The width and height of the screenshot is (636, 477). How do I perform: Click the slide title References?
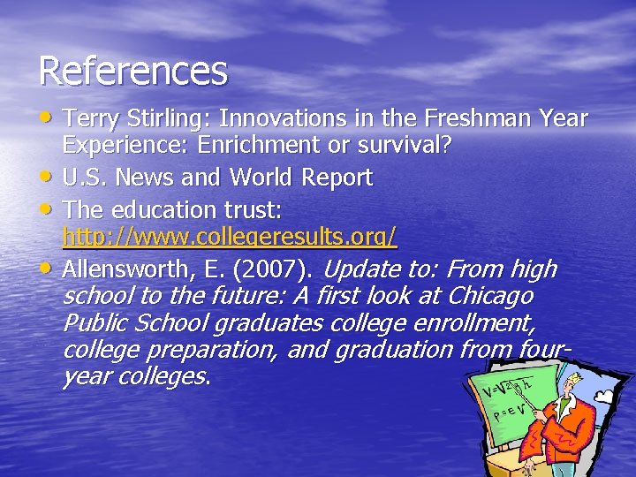click(x=132, y=71)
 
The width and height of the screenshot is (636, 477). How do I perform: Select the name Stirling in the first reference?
click(x=166, y=118)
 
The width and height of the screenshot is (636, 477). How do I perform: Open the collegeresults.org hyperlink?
click(x=230, y=238)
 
